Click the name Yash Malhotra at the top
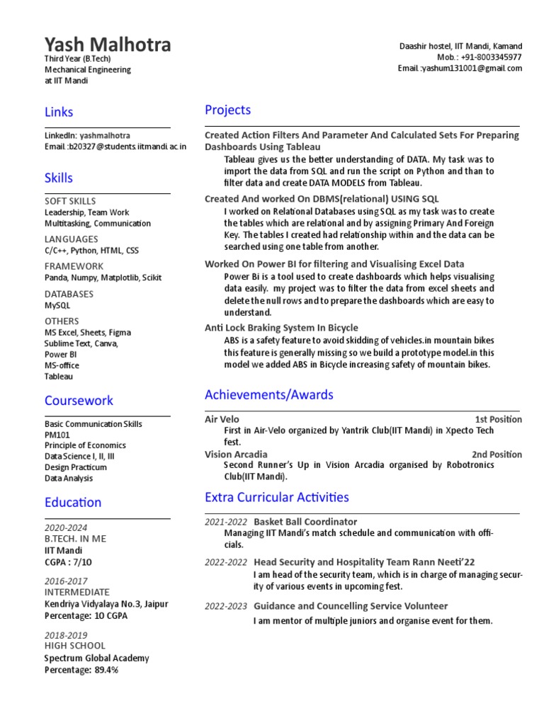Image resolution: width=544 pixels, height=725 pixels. [x=108, y=45]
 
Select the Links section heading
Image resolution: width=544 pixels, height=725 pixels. [x=59, y=112]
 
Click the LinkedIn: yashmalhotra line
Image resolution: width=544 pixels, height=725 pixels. [x=87, y=135]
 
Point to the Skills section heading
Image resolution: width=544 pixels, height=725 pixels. [x=59, y=178]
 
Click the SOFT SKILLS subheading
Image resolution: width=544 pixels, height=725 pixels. [x=70, y=201]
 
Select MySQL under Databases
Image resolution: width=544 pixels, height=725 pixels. [x=57, y=305]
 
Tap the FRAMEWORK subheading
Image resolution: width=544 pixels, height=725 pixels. [x=74, y=266]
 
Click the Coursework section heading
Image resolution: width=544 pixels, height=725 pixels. [x=79, y=401]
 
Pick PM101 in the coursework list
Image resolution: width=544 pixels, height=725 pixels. [x=56, y=435]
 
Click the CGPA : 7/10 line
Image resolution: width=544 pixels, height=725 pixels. [x=68, y=562]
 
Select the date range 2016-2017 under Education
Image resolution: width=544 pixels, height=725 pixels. [x=65, y=581]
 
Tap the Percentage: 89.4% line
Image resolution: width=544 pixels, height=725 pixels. [x=81, y=670]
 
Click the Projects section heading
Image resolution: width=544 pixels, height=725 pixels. [x=227, y=110]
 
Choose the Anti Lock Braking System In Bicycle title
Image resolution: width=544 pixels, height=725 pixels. [x=281, y=328]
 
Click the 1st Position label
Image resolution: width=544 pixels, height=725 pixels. [x=498, y=419]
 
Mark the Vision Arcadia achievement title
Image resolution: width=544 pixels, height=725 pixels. [x=236, y=455]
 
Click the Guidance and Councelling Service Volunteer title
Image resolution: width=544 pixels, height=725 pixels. [x=351, y=606]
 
